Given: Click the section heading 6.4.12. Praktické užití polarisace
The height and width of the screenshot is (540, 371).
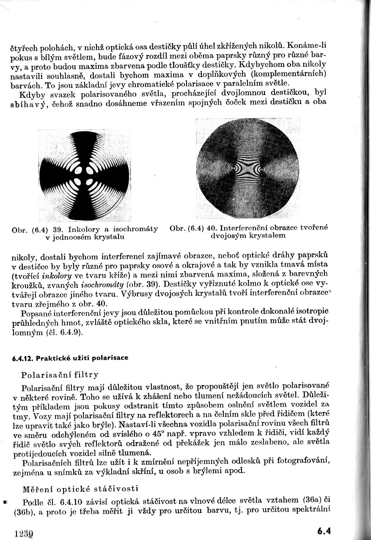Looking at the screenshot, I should tap(70, 358).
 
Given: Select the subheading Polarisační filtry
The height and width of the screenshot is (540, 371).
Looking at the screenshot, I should tap(60, 375).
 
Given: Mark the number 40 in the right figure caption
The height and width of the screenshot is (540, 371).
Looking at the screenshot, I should tap(211, 228).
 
